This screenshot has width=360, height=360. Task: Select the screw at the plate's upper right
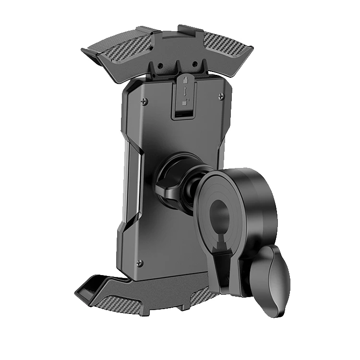point(222,97)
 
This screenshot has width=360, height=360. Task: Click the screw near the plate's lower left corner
point(140,262)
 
